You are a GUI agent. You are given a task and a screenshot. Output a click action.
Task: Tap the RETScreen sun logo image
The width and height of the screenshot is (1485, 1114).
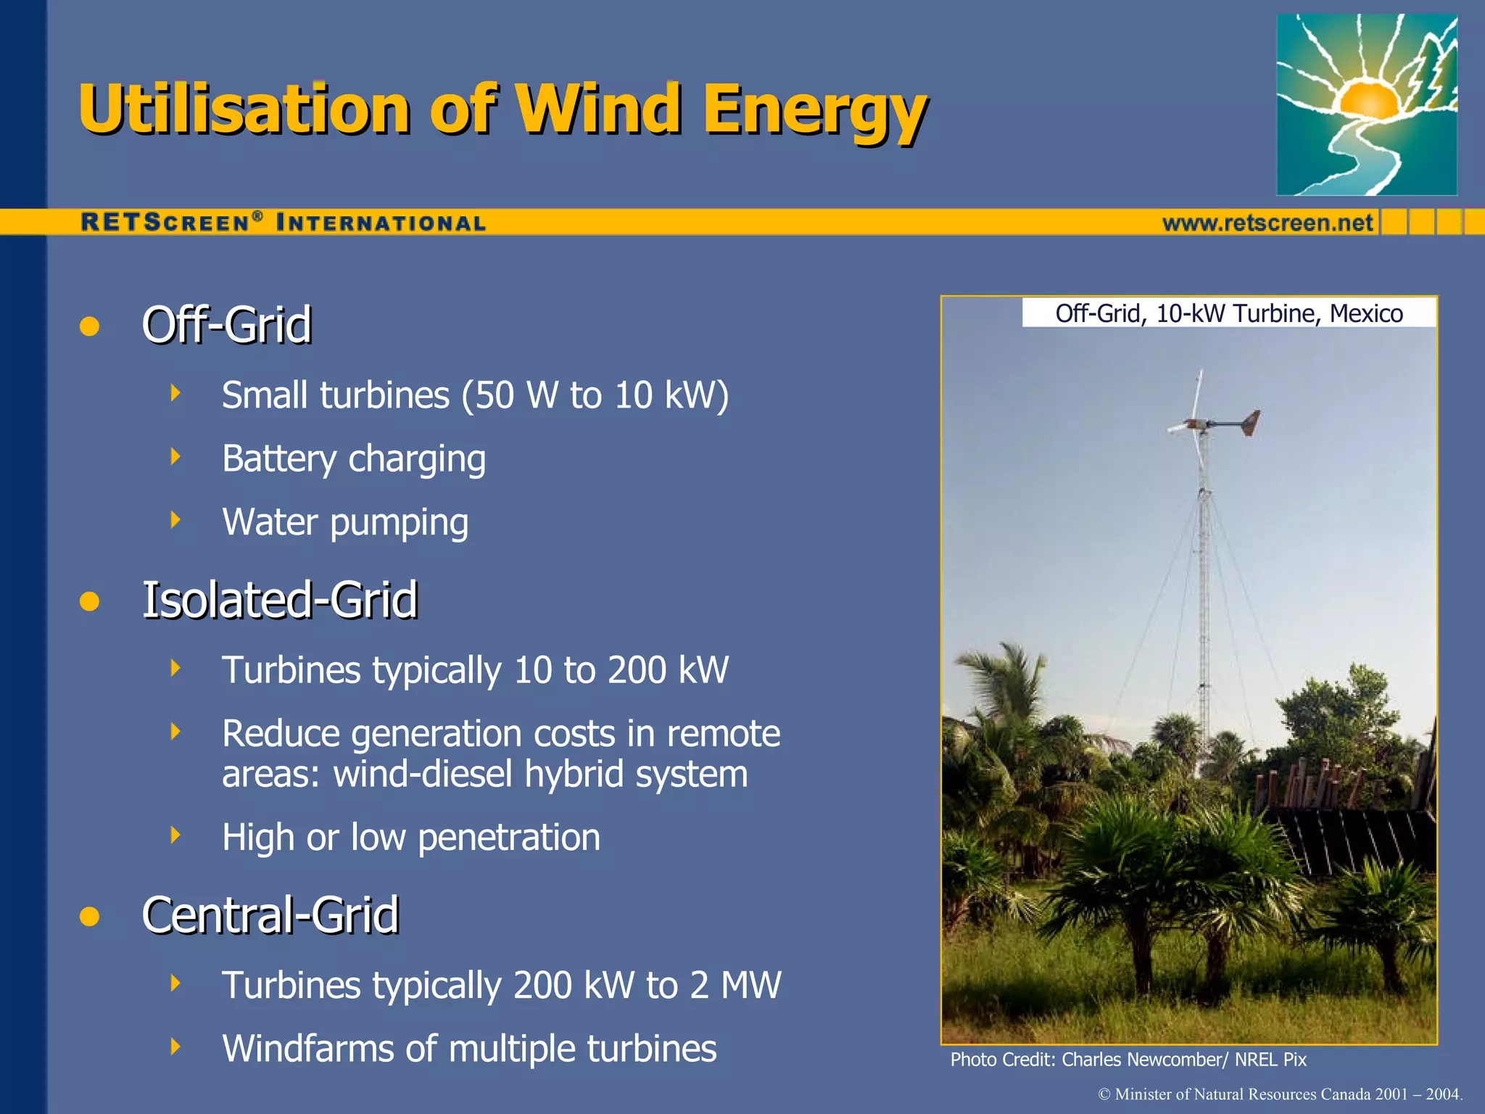[x=1366, y=104]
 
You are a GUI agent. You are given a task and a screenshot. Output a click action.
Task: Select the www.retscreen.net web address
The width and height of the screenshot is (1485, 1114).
[x=1267, y=223]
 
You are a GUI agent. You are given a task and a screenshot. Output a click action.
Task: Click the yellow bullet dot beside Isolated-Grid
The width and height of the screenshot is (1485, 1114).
[x=89, y=601]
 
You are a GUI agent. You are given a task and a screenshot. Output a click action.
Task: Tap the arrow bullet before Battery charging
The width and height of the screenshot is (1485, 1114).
[x=175, y=457]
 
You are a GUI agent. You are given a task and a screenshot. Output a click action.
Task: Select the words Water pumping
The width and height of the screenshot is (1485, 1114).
[x=345, y=522]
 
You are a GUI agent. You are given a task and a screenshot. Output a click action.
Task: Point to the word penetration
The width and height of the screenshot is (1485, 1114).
[x=509, y=837]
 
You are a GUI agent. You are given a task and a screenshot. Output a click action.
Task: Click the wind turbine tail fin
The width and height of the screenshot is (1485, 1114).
[x=1250, y=422]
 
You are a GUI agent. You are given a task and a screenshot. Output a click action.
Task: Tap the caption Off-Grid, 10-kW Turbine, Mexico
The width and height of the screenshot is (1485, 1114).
[x=1228, y=313]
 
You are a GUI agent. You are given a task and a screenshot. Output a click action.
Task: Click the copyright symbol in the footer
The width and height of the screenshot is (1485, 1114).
[x=1104, y=1094]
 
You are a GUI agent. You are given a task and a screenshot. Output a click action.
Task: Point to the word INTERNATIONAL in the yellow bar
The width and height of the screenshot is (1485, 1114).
[x=381, y=223]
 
